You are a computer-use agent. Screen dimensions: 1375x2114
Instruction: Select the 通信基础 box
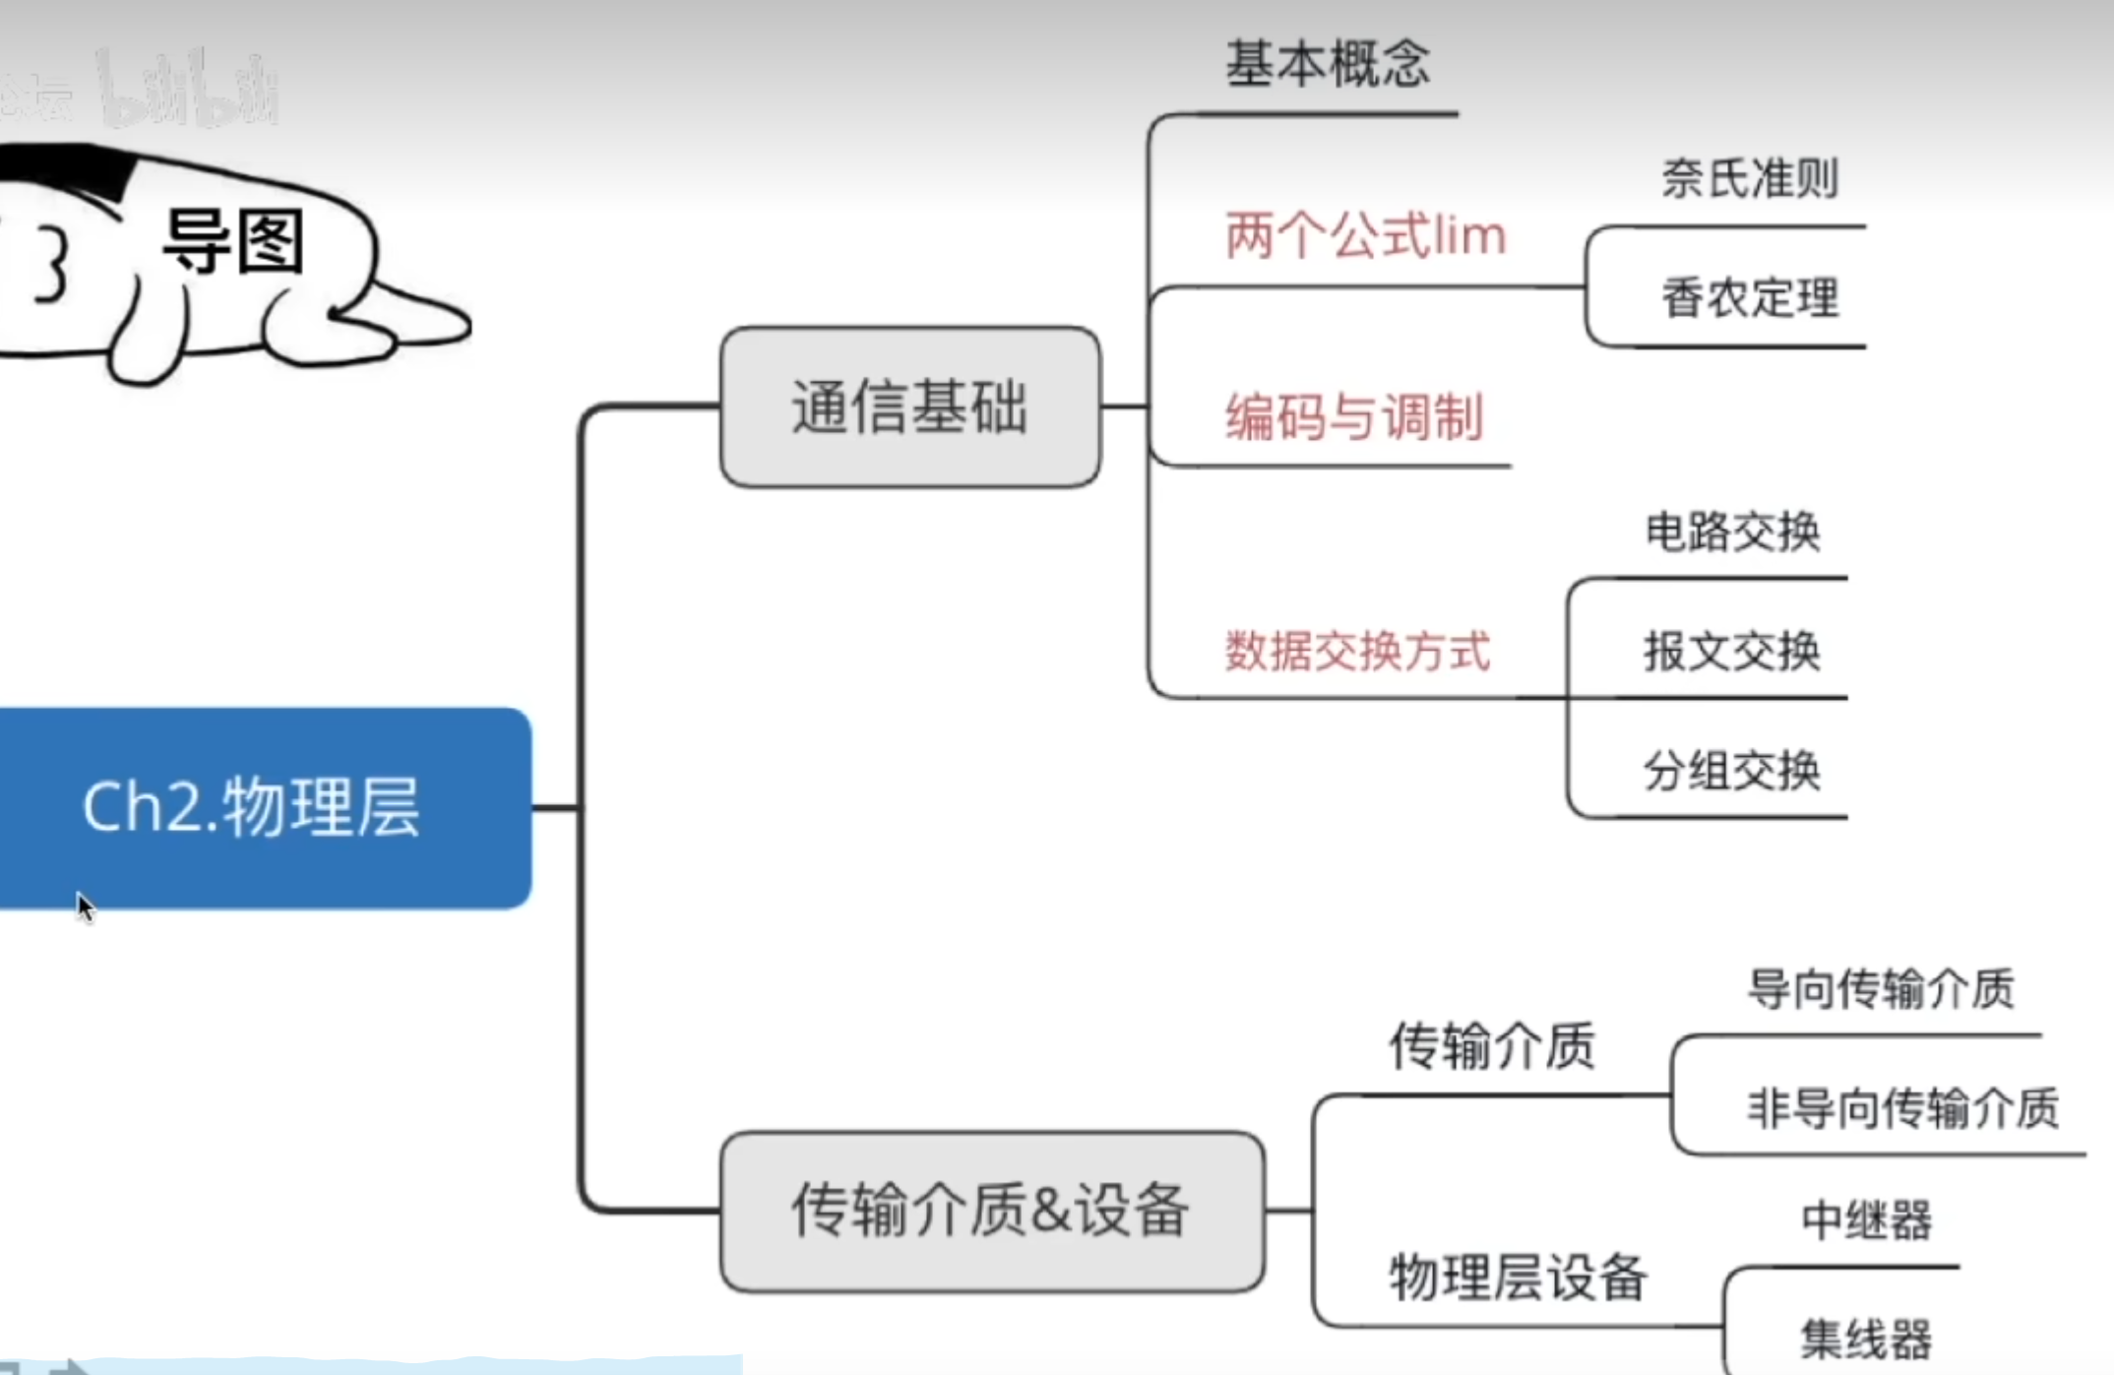point(909,406)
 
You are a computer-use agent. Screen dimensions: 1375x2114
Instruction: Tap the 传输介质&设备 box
point(991,1211)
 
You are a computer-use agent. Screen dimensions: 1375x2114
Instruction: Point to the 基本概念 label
point(1328,64)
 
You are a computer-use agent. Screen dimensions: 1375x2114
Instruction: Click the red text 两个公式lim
point(1365,236)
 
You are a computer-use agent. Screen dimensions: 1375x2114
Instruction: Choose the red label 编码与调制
point(1354,416)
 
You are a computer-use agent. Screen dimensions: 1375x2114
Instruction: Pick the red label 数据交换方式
point(1357,651)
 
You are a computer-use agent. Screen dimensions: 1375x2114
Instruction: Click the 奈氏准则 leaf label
point(1750,179)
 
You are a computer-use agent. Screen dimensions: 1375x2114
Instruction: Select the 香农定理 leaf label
point(1750,297)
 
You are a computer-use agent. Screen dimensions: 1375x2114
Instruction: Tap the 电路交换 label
point(1732,531)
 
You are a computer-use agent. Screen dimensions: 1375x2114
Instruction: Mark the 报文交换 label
point(1732,651)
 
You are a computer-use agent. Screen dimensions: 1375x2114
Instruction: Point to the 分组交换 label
point(1732,770)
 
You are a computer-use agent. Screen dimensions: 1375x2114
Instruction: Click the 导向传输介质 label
point(1881,988)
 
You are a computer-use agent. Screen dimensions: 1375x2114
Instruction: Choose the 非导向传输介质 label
point(1902,1107)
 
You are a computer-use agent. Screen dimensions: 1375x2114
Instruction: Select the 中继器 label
point(1866,1220)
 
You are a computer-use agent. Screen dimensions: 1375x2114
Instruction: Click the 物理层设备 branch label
point(1518,1278)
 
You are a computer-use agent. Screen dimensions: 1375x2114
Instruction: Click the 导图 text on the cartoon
point(233,241)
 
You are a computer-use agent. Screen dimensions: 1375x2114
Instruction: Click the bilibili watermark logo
point(187,92)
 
